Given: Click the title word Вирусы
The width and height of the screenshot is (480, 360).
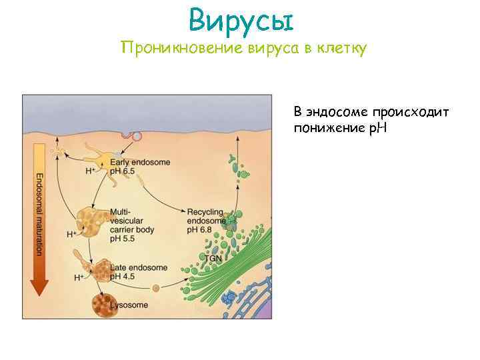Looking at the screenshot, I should click(241, 21).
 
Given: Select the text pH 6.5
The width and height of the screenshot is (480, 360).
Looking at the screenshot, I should click(123, 171).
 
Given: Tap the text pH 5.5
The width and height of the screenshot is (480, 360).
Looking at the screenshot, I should click(123, 237).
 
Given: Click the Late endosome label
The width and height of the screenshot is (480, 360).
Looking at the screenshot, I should click(139, 267).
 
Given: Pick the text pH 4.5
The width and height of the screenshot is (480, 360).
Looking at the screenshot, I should click(124, 276).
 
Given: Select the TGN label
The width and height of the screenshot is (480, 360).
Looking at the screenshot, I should click(213, 257).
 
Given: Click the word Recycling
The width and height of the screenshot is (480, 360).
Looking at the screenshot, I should click(205, 211).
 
